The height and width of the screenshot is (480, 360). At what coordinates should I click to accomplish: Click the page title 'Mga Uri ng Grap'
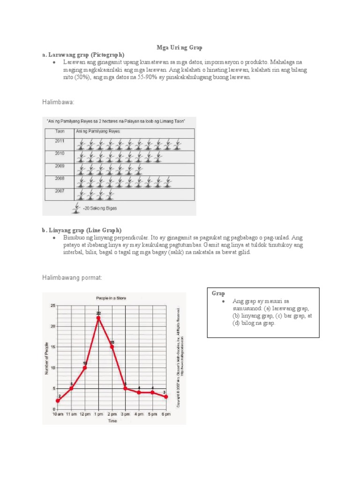tap(180, 48)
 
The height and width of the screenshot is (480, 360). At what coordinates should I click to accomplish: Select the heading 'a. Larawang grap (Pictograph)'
tap(83, 55)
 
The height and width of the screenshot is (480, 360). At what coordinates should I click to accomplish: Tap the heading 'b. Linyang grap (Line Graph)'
tap(82, 230)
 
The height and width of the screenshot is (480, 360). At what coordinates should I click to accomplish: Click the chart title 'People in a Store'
tap(111, 298)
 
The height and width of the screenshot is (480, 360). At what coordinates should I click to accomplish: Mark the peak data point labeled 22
tap(98, 318)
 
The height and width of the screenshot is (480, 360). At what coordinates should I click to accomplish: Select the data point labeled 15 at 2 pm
tap(112, 347)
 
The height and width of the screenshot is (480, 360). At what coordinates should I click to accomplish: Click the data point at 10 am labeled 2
tap(58, 401)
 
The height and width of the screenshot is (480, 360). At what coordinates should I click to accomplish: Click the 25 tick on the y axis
tap(52, 306)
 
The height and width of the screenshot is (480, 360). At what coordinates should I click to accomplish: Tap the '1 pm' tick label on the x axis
tap(98, 415)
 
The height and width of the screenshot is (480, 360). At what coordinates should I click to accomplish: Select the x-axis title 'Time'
tap(112, 421)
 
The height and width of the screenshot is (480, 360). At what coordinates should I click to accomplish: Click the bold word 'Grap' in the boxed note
tap(218, 293)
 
